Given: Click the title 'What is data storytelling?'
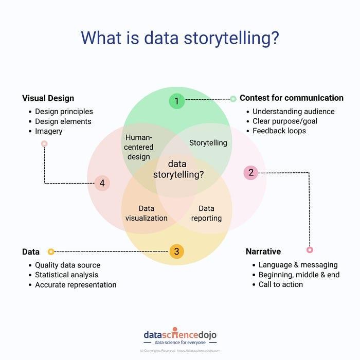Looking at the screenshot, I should (x=180, y=39).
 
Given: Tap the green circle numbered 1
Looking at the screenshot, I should (x=176, y=101).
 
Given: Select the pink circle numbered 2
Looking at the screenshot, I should (x=251, y=172).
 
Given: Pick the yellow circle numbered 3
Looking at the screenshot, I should (x=176, y=251).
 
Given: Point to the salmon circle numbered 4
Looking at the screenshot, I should (x=102, y=183).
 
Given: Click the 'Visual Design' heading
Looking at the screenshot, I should (x=48, y=98).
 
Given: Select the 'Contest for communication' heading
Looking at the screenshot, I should (x=291, y=98).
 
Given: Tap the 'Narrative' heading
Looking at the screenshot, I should (x=263, y=251).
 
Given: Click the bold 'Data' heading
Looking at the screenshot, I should (x=31, y=252).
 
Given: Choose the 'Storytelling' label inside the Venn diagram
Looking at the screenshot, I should (x=208, y=142).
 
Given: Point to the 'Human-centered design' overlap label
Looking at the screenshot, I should (x=139, y=147).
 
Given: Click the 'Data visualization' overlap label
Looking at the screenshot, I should (x=147, y=213).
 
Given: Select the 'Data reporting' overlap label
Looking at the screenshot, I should (x=206, y=213).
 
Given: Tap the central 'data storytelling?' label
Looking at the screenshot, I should (x=178, y=169).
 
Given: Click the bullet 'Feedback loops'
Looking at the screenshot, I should (x=279, y=131).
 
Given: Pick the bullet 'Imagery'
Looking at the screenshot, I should (x=49, y=131).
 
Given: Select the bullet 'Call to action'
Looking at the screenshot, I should (x=281, y=284).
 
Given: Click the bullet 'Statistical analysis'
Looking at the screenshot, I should (x=66, y=275).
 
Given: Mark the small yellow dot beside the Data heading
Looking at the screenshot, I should (x=50, y=251).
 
